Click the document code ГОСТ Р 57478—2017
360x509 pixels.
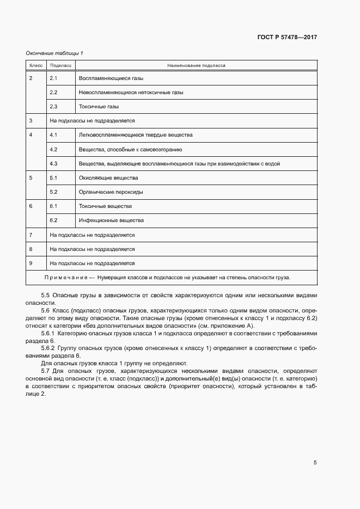[x=287, y=38]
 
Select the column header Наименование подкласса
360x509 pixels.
[x=197, y=65]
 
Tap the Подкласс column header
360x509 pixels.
[x=60, y=65]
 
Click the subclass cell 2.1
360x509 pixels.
[x=53, y=78]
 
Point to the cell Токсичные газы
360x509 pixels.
[x=99, y=107]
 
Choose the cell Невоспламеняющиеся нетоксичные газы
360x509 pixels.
[x=131, y=93]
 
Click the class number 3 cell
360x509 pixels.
[x=31, y=121]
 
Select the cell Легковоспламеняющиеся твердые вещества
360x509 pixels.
[x=136, y=135]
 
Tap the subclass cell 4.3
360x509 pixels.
[x=53, y=163]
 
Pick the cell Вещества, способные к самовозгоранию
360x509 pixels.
[x=130, y=149]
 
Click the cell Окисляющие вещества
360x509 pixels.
[x=108, y=178]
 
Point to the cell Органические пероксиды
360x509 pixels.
[x=111, y=192]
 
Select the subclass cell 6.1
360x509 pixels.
[x=53, y=206]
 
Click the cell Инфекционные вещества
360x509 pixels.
[x=111, y=220]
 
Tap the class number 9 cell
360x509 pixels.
[x=31, y=263]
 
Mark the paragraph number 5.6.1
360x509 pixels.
[x=49, y=333]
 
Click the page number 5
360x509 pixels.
[x=315, y=463]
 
